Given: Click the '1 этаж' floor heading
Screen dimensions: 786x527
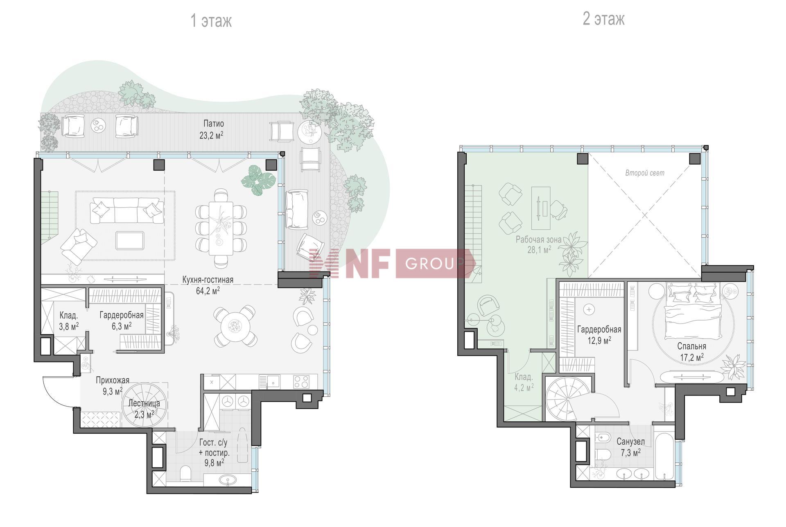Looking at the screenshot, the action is click(211, 20).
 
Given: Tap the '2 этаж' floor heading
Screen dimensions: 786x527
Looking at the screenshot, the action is click(603, 19).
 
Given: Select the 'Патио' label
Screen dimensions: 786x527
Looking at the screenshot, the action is click(214, 124).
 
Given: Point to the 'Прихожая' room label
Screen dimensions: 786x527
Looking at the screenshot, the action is click(113, 380).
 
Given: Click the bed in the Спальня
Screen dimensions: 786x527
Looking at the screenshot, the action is click(693, 311).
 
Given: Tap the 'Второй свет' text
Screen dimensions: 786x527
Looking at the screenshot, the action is click(645, 173).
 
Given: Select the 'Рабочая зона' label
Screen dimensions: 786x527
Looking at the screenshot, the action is click(538, 240).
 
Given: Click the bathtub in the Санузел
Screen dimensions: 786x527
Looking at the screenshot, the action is click(664, 452).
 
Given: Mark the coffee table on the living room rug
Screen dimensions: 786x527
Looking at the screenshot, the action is click(130, 240).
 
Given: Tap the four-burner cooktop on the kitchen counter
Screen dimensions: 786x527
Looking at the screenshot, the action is click(301, 382).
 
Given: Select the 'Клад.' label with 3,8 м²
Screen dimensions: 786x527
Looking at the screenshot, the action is click(69, 316).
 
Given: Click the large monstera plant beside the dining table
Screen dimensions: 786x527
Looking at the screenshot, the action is click(259, 180).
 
